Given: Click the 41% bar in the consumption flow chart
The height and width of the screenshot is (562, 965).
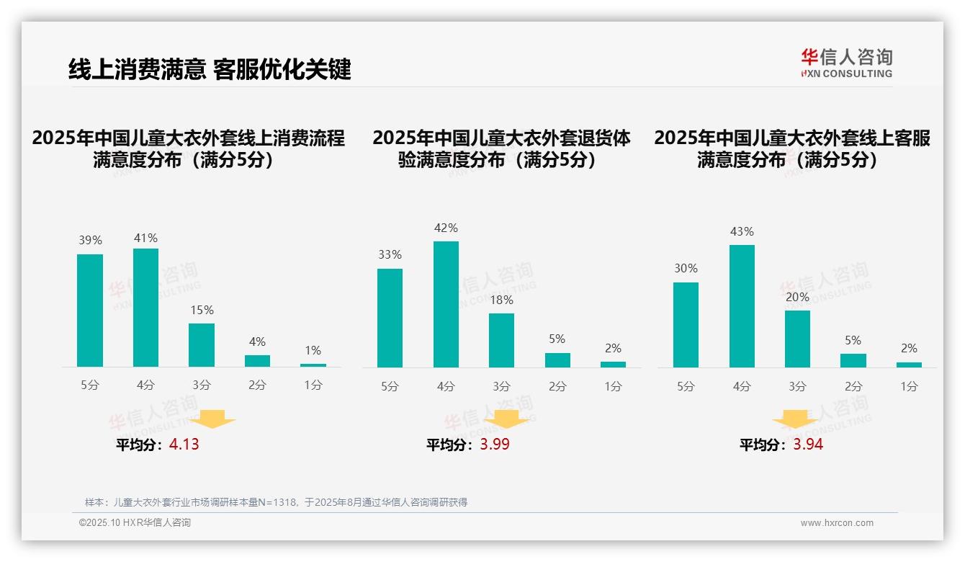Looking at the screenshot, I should coord(145,308).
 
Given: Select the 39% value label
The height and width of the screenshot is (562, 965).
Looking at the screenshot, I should coord(90,241).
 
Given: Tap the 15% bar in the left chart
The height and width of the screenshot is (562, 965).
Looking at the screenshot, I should coord(202,345).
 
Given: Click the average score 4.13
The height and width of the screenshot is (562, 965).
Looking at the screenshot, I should coord(184,445).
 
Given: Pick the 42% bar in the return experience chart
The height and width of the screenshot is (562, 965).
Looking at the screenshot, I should coord(446,304).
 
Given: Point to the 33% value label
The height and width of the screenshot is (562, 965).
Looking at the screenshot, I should coord(390,255).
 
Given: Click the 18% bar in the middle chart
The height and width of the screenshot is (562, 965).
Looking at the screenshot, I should coord(501,340).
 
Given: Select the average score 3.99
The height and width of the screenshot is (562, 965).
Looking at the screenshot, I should coord(495,445).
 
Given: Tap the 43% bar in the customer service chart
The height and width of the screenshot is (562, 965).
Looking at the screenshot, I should coord(742,306).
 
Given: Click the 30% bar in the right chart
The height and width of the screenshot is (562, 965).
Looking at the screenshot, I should coord(686,325).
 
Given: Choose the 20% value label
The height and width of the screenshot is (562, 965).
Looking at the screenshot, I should coord(798,297).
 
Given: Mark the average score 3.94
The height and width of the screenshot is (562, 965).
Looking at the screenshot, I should coord(808,445).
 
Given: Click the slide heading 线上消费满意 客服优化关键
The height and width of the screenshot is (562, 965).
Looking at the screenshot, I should coord(210,69).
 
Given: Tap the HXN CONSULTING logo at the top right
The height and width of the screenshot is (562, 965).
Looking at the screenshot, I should coord(846,63).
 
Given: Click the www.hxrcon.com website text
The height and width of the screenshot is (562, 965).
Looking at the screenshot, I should coord(837,523).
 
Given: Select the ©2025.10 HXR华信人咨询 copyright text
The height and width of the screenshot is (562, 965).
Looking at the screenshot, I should coord(135,523).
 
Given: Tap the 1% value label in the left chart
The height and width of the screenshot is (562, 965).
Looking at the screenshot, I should coord(313,351).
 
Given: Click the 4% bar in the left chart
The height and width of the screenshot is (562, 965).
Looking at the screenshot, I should coord(257,361).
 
